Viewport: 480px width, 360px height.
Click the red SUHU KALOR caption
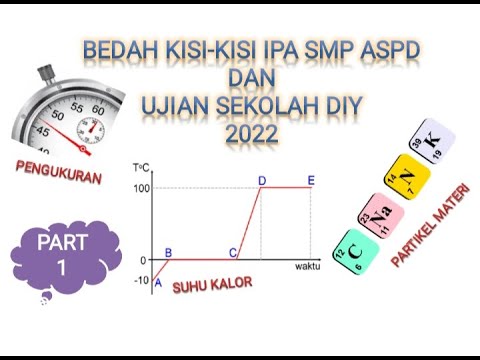tap(212, 285)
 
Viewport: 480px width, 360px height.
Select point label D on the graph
tap(262, 180)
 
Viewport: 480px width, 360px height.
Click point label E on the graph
tap(311, 180)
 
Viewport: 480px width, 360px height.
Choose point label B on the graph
tap(168, 253)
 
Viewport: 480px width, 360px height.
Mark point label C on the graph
tap(233, 253)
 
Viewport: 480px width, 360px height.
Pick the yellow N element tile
tap(408, 180)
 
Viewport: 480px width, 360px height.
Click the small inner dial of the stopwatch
tap(92, 128)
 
